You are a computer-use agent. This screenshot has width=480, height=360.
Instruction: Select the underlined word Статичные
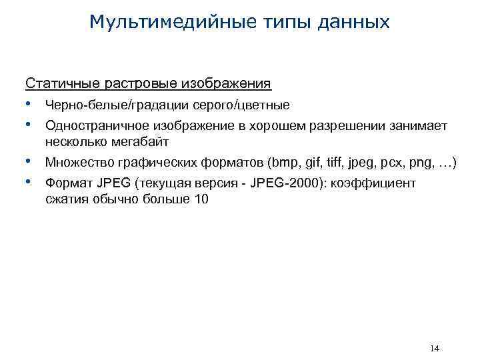[63, 83]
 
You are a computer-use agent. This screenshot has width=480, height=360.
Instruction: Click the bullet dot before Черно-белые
[30, 105]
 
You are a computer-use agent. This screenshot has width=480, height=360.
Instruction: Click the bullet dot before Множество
[30, 163]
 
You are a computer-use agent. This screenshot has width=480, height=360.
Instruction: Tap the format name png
[420, 163]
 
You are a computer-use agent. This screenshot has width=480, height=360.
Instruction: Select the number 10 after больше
[201, 199]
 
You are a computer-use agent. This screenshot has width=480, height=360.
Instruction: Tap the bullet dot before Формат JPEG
[30, 183]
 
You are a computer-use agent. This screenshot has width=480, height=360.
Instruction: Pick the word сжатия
[65, 199]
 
